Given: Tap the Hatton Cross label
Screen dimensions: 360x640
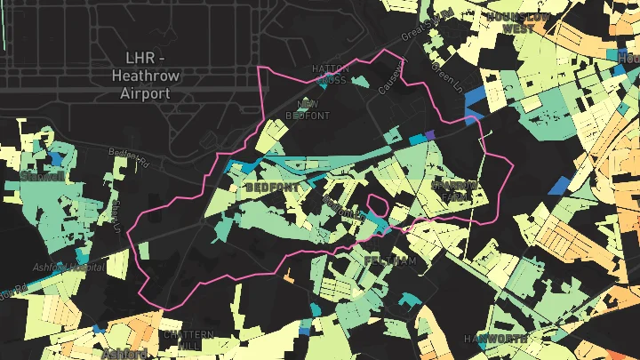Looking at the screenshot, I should tap(329, 74).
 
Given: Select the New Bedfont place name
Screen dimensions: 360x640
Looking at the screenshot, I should tap(313, 110).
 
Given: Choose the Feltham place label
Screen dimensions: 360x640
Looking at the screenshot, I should tap(390, 260).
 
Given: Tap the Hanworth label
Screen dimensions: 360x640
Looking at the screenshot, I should tap(495, 339).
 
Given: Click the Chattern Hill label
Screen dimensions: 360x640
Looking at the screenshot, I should tap(188, 340).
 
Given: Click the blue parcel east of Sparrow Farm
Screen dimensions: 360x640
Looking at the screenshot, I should tap(558, 186).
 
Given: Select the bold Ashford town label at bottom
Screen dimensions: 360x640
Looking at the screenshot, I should tap(124, 354).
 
